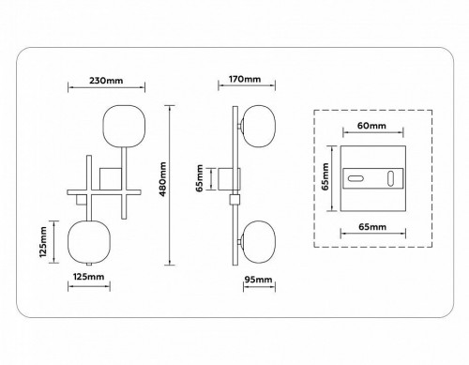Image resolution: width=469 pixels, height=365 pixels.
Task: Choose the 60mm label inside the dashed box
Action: click(x=371, y=126)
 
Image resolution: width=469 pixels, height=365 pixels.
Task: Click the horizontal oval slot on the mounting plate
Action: click(x=356, y=177)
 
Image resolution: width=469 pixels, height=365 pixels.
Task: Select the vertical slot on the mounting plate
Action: click(x=389, y=177)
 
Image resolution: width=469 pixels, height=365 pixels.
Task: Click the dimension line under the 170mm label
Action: click(x=238, y=89)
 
